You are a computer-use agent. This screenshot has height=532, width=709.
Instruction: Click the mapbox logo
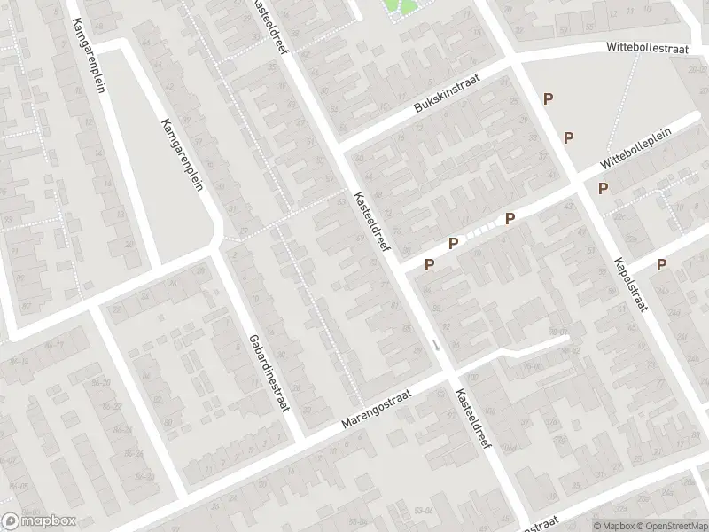39,520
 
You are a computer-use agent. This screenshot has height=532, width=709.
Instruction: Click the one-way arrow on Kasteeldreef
435,344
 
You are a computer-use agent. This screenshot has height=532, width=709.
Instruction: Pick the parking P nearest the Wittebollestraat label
549,99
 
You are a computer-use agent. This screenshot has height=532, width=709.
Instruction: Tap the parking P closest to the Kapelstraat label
661,264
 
